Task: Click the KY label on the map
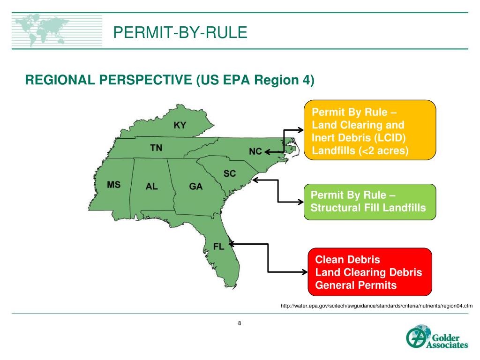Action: pos(180,126)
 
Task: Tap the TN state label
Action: pos(156,148)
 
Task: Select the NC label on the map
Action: pos(255,151)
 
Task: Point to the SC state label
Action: pos(230,174)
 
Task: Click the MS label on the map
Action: pos(113,185)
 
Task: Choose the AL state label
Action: pos(152,187)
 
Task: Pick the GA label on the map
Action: pos(196,187)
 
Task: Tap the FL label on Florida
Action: pos(219,247)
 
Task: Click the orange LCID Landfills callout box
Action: pos(370,130)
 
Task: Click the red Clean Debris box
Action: pos(369,272)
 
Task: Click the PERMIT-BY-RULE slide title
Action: pos(180,33)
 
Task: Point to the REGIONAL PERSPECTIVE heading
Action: pos(169,80)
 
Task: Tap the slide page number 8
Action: pos(240,323)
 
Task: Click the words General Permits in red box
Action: pos(356,285)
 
